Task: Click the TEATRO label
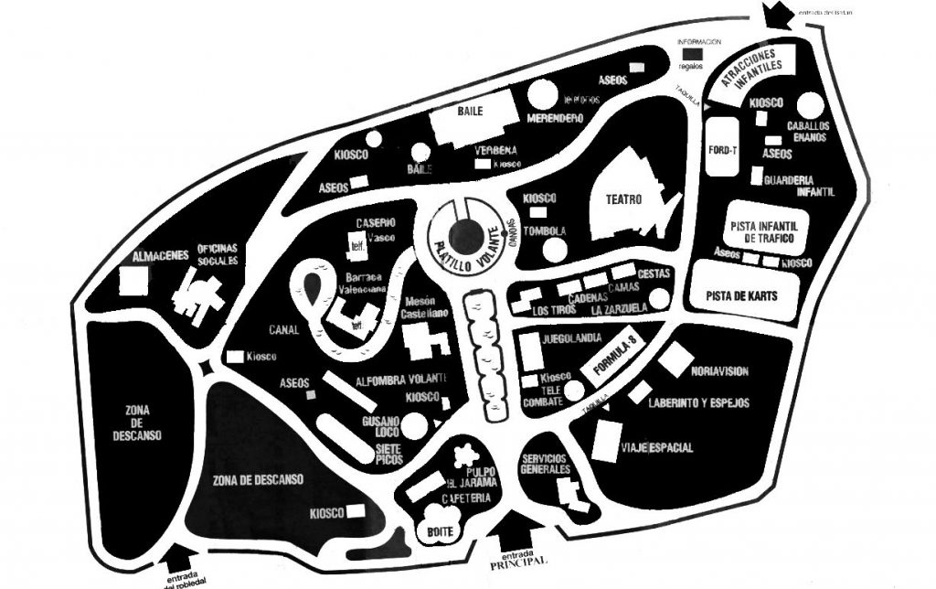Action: point(623,198)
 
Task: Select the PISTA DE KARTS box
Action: point(741,294)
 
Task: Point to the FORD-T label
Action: point(722,149)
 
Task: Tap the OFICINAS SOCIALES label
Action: point(218,254)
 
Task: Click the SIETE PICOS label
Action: point(389,454)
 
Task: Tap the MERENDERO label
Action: point(555,119)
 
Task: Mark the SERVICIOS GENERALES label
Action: point(545,464)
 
